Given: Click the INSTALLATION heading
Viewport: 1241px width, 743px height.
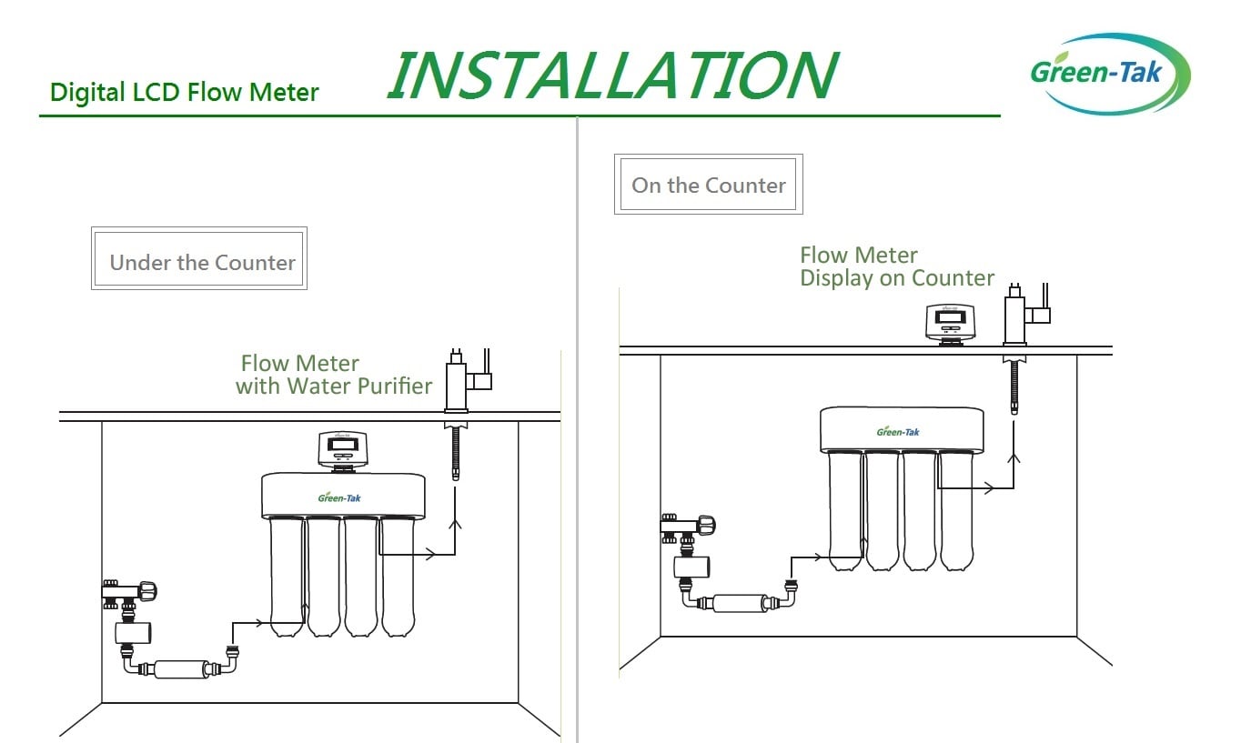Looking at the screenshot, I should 611,75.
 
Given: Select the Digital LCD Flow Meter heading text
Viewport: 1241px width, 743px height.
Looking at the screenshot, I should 184,92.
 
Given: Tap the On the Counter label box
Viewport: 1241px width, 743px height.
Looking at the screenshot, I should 708,185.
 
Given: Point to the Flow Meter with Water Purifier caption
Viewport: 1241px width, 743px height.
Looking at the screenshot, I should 333,375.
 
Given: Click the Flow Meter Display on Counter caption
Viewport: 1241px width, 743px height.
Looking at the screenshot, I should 896,266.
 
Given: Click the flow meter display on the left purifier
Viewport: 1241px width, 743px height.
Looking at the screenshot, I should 342,449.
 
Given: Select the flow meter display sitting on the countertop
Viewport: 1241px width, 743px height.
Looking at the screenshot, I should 950,323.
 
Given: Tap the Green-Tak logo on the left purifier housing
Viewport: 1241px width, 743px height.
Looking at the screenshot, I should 339,497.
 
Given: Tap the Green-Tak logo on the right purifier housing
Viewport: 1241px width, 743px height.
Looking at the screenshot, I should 898,431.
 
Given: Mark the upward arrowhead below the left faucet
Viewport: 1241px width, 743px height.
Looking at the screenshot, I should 455,524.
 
